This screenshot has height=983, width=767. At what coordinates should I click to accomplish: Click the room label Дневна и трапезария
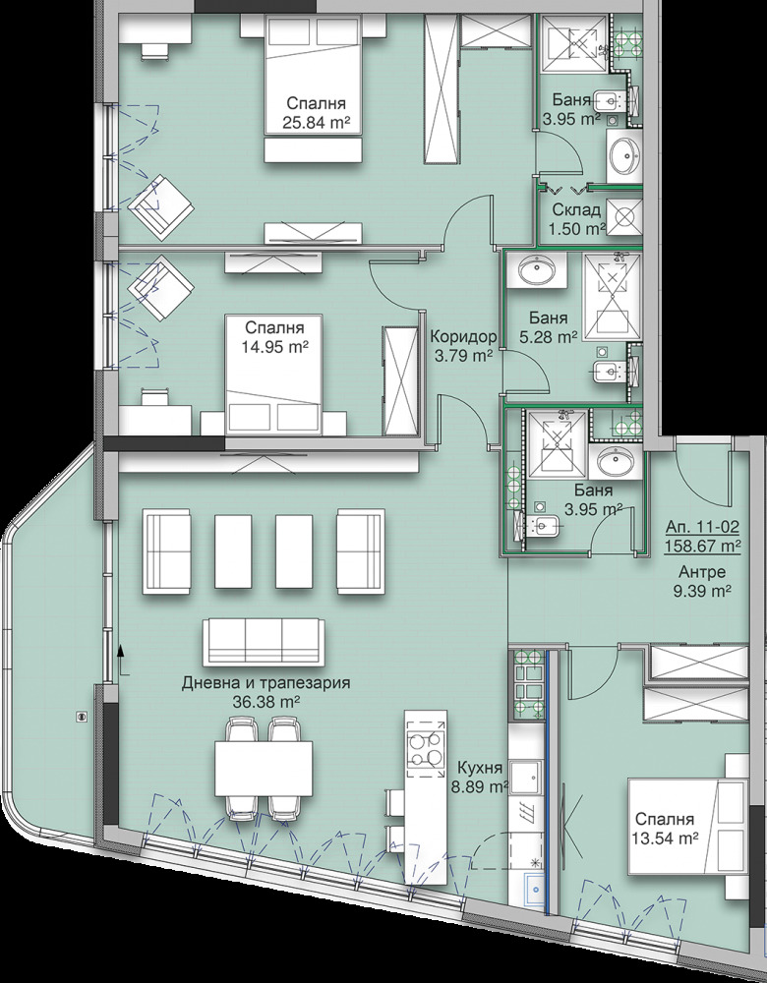point(265,683)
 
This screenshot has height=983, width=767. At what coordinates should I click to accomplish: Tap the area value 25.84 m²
point(316,123)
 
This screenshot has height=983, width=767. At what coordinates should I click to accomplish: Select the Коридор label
point(463,337)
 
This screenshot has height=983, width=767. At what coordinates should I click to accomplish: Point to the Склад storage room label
point(577,209)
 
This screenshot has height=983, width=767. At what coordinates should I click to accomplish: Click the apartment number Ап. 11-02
point(702,528)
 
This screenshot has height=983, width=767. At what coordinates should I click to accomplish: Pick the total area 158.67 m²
point(702,546)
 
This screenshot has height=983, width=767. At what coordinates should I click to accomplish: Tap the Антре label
point(702,572)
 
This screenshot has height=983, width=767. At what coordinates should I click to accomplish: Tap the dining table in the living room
point(264,768)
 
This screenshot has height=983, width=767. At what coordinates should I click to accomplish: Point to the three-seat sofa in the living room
point(264,642)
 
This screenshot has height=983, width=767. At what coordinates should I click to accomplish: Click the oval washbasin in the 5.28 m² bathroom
point(537,270)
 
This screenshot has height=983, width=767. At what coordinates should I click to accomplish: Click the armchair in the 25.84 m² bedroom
point(160,206)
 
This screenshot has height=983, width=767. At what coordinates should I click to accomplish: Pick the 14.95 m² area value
point(274,345)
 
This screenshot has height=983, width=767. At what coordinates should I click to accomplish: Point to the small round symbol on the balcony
point(81,716)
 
